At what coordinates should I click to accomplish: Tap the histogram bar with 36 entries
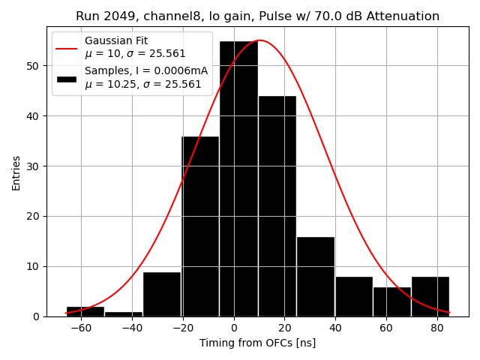point(200,226)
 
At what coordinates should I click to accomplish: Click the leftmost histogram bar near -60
point(85,311)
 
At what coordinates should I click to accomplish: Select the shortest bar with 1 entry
point(123,313)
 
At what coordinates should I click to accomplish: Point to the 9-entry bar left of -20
point(161,294)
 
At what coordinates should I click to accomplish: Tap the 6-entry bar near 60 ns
point(391,301)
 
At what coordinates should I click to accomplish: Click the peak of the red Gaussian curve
point(259,40)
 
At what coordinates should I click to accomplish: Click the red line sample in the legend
point(66,47)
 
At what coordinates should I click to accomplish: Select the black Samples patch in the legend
point(66,78)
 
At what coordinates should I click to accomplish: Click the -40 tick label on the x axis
point(131,328)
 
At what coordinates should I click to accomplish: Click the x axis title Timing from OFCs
point(257,343)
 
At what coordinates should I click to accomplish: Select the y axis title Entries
point(16,172)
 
